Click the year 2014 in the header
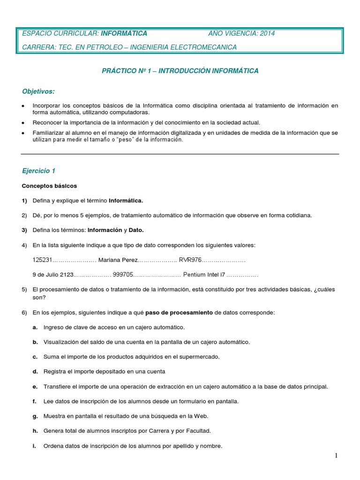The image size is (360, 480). click(266, 33)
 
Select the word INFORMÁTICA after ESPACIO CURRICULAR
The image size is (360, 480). click(124, 33)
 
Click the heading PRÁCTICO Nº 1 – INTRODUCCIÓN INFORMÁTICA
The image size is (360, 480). click(180, 71)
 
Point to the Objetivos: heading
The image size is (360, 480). click(38, 90)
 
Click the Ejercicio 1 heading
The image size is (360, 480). click(38, 171)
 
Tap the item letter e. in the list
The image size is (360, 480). click(35, 387)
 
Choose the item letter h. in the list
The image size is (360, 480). click(35, 431)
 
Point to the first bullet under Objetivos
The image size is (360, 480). click(23, 106)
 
